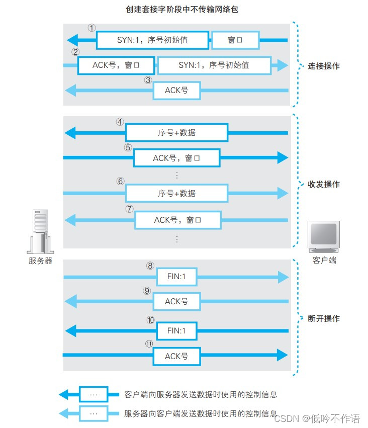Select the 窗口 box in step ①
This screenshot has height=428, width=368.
(x=235, y=40)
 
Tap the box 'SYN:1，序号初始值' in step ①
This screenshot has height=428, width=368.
(x=152, y=40)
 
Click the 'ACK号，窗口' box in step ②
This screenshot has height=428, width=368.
(x=116, y=65)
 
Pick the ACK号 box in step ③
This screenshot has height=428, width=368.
(x=176, y=91)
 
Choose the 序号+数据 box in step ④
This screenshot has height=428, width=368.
(x=176, y=133)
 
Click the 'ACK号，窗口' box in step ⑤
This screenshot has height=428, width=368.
(x=176, y=158)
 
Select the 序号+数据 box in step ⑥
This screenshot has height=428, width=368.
(x=176, y=193)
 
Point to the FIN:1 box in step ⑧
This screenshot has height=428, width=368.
(x=176, y=276)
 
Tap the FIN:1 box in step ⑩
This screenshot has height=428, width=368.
(x=176, y=330)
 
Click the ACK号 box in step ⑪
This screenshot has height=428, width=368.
(x=176, y=356)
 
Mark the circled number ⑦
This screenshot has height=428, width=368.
(x=129, y=209)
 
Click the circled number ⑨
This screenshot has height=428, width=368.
(x=147, y=291)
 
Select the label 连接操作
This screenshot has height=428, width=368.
(x=324, y=66)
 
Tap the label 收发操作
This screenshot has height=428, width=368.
(x=324, y=184)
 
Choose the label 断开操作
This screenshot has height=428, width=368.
(x=324, y=318)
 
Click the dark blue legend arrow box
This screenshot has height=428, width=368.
(x=93, y=394)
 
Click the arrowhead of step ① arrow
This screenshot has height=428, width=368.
(x=73, y=40)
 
